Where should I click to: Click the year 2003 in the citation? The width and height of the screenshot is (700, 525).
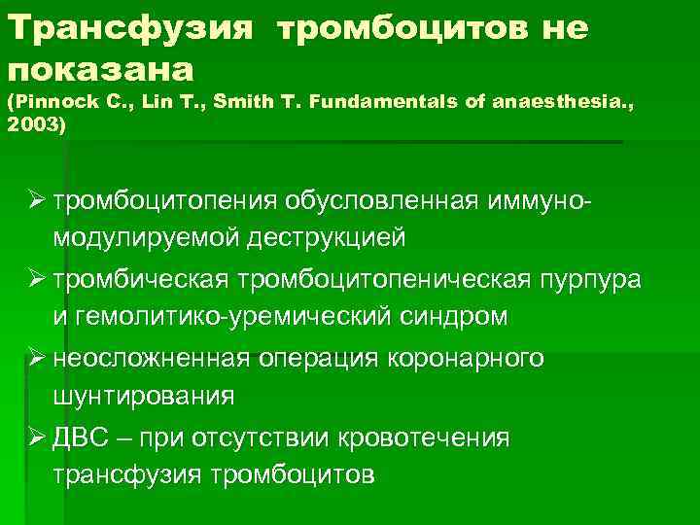pos(30,125)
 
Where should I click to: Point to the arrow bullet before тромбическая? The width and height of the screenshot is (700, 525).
pos(38,280)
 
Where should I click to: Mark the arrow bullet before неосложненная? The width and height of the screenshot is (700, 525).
pos(38,359)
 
